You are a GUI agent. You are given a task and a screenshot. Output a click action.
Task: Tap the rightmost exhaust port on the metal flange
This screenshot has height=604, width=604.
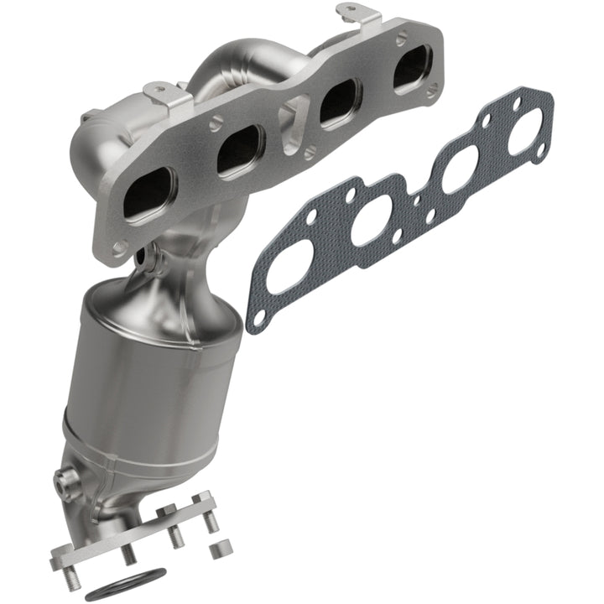412,66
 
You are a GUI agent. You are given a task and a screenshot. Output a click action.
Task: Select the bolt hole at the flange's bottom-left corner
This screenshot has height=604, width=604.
120,247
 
